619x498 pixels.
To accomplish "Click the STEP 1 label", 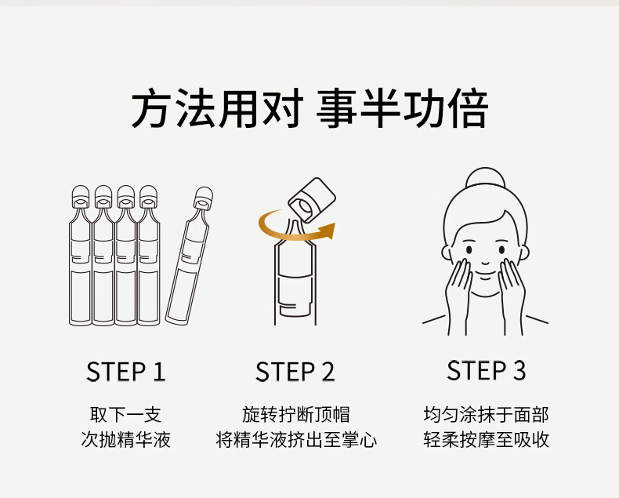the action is pyautogui.click(x=125, y=372).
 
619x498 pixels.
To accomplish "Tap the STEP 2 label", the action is pyautogui.click(x=295, y=372).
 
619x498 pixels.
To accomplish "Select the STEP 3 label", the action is pyautogui.click(x=486, y=370).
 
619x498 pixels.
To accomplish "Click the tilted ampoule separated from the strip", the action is pyautogui.click(x=190, y=256).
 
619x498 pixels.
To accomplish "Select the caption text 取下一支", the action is pyautogui.click(x=125, y=415).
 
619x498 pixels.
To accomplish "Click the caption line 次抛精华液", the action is pyautogui.click(x=125, y=439).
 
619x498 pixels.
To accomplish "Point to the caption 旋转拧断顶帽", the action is pyautogui.click(x=295, y=415).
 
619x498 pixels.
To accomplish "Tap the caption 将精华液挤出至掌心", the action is pyautogui.click(x=296, y=439).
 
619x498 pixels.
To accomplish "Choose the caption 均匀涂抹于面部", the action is pyautogui.click(x=486, y=415).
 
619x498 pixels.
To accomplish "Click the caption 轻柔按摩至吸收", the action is pyautogui.click(x=486, y=439).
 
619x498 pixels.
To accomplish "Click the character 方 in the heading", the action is pyautogui.click(x=152, y=108).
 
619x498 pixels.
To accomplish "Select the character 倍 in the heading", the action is pyautogui.click(x=469, y=108).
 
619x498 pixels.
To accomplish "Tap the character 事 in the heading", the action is pyautogui.click(x=337, y=108).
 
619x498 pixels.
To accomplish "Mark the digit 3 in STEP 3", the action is pyautogui.click(x=519, y=370).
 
